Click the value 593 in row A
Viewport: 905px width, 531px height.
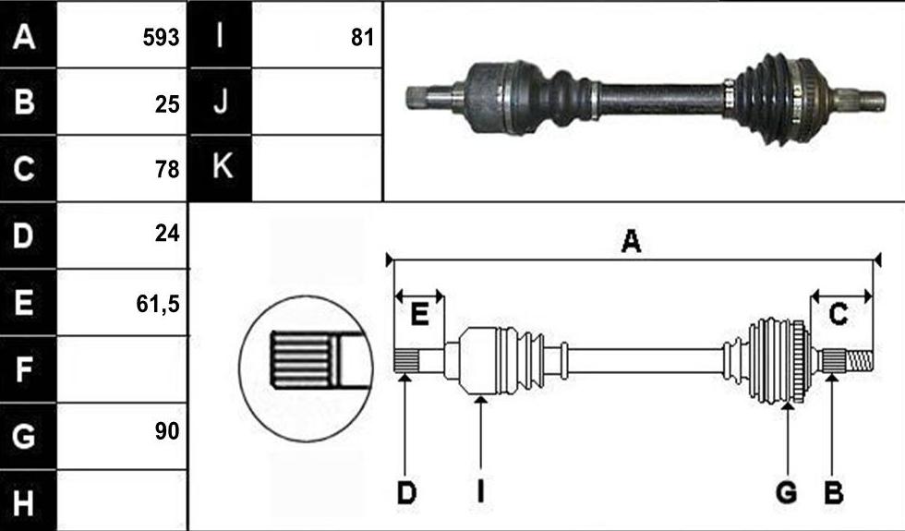pos(161,38)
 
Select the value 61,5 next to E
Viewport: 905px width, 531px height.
pos(158,304)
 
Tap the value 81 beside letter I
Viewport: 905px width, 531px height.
pos(362,38)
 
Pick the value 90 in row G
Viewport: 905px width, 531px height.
pos(167,431)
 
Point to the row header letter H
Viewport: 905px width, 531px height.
pos(23,502)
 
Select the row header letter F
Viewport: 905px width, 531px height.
pos(23,369)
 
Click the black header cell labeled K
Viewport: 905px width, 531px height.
pos(221,168)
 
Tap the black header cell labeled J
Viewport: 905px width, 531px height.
pos(221,102)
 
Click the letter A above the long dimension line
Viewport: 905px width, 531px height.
pos(631,241)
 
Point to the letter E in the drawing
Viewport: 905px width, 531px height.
pos(419,315)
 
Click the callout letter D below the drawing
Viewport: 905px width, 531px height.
pos(406,493)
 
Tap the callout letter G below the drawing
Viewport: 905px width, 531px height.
pos(787,493)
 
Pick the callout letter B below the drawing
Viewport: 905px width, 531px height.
pos(833,493)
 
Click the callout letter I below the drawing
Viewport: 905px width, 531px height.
pos(480,493)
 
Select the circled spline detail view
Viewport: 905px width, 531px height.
pos(306,368)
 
